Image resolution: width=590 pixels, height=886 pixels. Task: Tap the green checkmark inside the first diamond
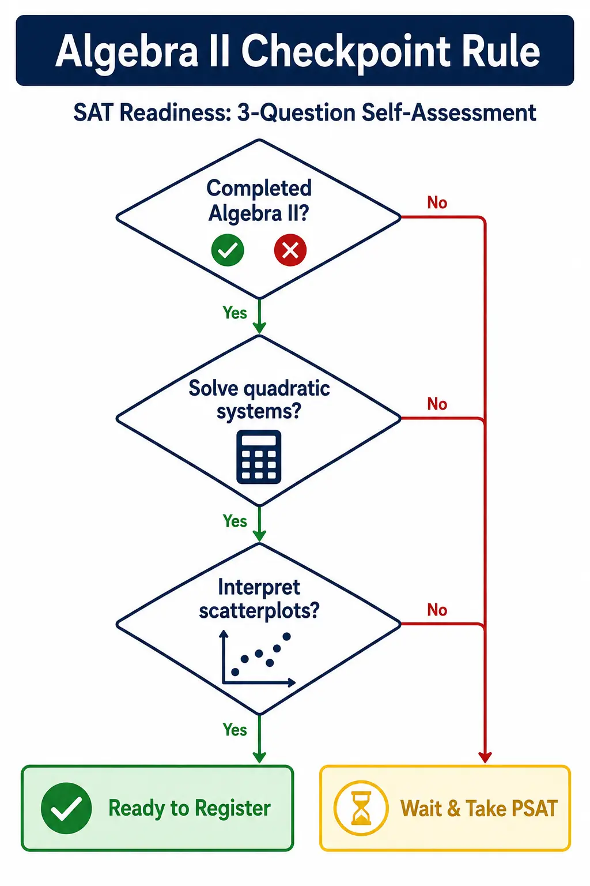point(228,250)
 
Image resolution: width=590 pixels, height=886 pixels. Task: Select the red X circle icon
point(290,250)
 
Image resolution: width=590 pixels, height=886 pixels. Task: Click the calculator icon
point(259,457)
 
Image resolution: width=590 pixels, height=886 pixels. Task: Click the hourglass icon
point(361,808)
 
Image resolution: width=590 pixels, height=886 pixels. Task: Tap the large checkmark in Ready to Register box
point(66,808)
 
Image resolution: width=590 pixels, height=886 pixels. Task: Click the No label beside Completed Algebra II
point(437,202)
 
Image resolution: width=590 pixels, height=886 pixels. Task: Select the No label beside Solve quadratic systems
point(437,404)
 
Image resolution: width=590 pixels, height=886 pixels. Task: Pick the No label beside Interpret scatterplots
point(437,610)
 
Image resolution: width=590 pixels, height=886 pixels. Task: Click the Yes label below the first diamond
point(235,313)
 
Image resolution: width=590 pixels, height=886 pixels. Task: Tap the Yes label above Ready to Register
point(235,730)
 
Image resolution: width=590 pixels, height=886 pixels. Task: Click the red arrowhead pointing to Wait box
point(485,757)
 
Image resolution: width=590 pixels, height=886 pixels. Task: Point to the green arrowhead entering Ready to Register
point(259,757)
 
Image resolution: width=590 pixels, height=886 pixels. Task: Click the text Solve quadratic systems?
point(259,400)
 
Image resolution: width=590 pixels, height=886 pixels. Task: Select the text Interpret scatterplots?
point(259,599)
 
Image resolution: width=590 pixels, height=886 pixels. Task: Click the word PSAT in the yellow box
point(535,808)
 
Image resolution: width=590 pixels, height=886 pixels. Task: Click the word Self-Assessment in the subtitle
point(448,112)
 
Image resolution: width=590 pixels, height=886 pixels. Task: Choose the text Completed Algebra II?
point(259,201)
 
